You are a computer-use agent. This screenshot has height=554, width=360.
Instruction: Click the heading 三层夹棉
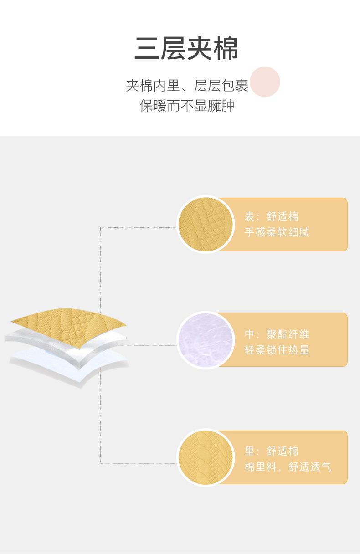(186, 49)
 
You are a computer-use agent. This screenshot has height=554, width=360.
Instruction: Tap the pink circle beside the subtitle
(265, 82)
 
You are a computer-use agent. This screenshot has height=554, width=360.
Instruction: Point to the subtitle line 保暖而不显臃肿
(187, 106)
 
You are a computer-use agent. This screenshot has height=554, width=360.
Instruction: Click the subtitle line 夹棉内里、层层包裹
(187, 85)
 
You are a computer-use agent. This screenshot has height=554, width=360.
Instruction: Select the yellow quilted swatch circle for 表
(204, 224)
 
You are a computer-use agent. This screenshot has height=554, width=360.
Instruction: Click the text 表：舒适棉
(272, 217)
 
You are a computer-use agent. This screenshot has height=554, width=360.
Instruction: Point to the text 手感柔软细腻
(277, 232)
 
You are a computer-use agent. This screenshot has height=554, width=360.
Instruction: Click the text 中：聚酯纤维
(277, 334)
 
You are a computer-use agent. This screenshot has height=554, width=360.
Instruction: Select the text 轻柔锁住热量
(277, 350)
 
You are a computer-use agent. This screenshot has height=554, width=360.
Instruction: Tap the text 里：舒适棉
(272, 451)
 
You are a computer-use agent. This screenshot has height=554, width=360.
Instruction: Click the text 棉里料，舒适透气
(288, 467)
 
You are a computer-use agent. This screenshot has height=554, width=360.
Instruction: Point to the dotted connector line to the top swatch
(137, 227)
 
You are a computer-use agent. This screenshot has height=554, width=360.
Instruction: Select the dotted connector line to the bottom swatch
(137, 463)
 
